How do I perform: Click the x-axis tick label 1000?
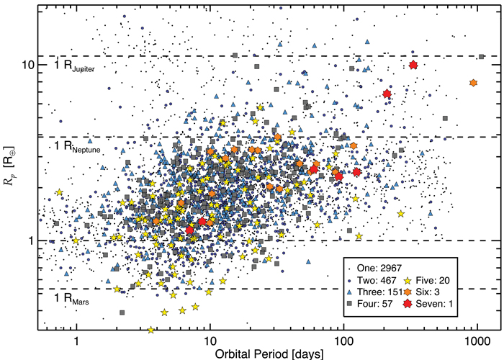pyautogui.click(x=477, y=341)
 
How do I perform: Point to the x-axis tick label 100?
pyautogui.click(x=344, y=341)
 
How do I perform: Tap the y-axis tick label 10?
pyautogui.click(x=27, y=65)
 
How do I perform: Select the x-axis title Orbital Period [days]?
pyautogui.click(x=269, y=354)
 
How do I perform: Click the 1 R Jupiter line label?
pyautogui.click(x=74, y=66)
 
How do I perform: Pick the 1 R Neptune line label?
pyautogui.click(x=77, y=147)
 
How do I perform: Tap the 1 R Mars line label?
pyautogui.click(x=71, y=299)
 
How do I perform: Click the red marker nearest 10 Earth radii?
pyautogui.click(x=413, y=65)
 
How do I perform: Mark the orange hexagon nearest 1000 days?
pyautogui.click(x=473, y=83)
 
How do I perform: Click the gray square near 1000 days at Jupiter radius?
pyautogui.click(x=481, y=57)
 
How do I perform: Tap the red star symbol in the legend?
pyautogui.click(x=408, y=304)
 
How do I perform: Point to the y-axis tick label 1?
pyautogui.click(x=31, y=240)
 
